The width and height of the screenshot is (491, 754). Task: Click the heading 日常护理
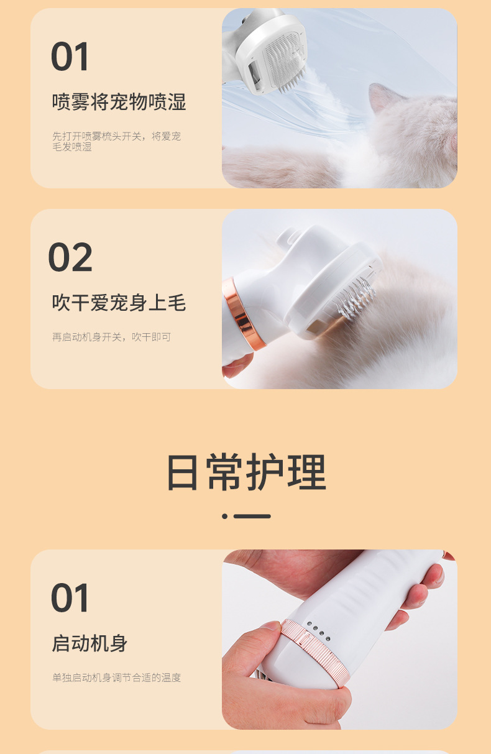[246, 472]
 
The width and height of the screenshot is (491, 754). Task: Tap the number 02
[70, 257]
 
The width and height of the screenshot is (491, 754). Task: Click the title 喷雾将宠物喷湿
[119, 102]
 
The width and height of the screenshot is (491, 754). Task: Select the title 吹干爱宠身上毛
[119, 303]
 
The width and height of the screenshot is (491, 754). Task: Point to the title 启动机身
[89, 643]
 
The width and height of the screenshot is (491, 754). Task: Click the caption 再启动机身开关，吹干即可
[111, 337]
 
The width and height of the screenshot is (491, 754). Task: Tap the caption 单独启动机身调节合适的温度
[116, 678]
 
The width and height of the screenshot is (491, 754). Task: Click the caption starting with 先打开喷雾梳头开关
[116, 141]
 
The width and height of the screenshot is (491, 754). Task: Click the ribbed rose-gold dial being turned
[314, 651]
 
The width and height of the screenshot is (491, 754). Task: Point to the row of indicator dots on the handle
[319, 632]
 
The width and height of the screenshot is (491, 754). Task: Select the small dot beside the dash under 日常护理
[224, 516]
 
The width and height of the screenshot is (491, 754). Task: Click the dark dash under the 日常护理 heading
[252, 516]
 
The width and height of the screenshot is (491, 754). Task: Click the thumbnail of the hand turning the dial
[339, 640]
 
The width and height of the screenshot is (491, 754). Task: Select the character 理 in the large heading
[307, 472]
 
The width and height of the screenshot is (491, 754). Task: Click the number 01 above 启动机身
[70, 598]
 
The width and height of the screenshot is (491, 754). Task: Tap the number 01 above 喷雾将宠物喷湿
[70, 56]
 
